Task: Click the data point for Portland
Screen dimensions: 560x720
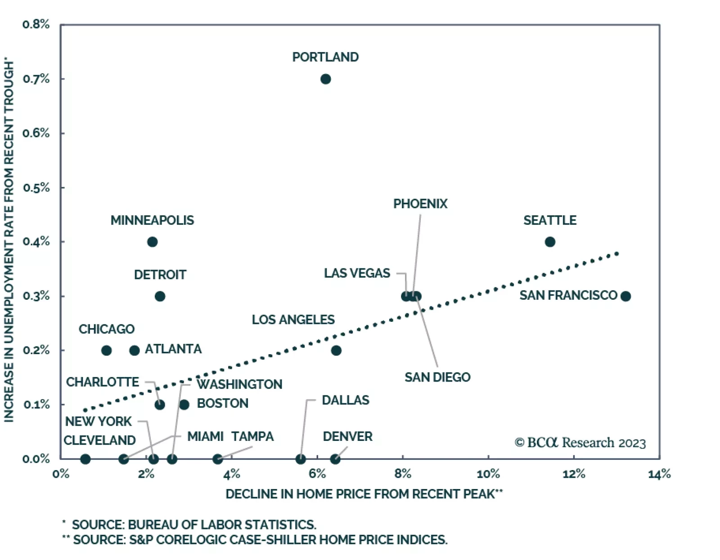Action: [326, 79]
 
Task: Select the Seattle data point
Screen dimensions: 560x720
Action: [550, 242]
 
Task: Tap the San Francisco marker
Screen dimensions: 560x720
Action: [625, 296]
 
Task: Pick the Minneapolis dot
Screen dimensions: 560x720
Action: [153, 242]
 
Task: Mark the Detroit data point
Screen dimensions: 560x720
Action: [160, 296]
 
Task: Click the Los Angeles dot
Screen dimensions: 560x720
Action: [336, 351]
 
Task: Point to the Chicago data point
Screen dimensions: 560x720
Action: [107, 351]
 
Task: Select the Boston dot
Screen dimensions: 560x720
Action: [184, 404]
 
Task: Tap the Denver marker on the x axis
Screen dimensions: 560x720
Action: [335, 459]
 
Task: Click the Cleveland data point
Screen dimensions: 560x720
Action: [85, 459]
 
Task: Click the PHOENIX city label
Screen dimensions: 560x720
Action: [420, 204]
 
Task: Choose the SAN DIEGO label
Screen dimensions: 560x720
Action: [437, 377]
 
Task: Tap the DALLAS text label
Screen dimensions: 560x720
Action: [346, 400]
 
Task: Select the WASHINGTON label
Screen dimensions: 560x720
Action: [239, 384]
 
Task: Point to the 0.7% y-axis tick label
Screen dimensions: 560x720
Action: [36, 79]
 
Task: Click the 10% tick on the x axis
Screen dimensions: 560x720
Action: [488, 474]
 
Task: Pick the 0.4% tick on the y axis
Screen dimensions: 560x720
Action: [36, 242]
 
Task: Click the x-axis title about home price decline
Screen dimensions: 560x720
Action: [364, 494]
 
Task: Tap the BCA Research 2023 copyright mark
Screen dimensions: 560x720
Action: [580, 443]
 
